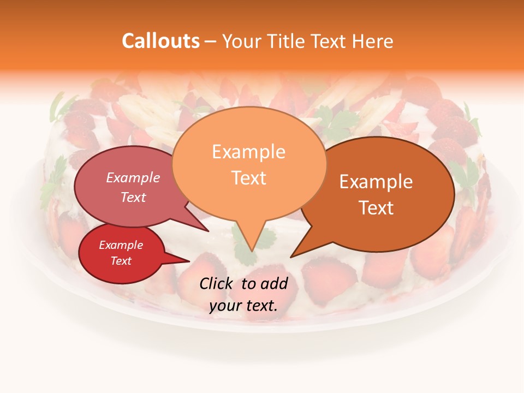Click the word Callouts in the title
point(160,41)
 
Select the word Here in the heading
point(373,41)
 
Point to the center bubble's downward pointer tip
point(252,251)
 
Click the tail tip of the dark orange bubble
point(291,257)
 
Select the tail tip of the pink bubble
point(208,231)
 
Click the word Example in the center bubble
point(248,152)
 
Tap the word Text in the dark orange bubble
point(376,208)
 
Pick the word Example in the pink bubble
point(133,177)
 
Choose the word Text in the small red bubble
point(121,261)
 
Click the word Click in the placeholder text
point(217,283)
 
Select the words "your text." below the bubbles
point(243,306)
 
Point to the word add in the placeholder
point(274,283)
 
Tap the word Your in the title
point(242,41)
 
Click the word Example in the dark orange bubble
point(376,182)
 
